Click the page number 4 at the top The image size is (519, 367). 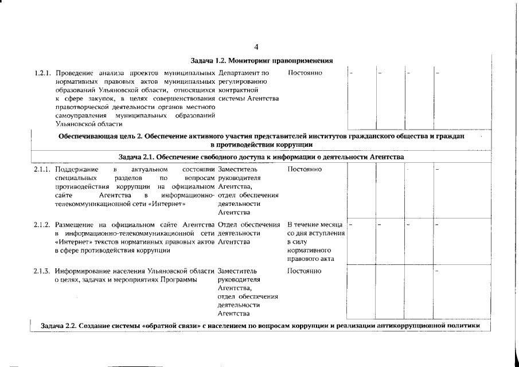[x=256, y=47]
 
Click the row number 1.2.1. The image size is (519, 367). [x=44, y=73]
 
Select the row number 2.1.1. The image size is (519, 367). [x=44, y=170]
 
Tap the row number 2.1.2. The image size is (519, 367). [x=44, y=224]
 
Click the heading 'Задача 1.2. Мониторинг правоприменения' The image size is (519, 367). [x=262, y=61]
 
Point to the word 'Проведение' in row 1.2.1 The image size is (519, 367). [x=75, y=73]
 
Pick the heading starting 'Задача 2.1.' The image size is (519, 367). [x=262, y=157]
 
